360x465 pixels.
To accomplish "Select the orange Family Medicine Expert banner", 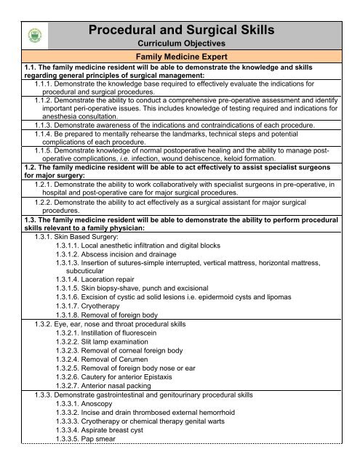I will [180, 59].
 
